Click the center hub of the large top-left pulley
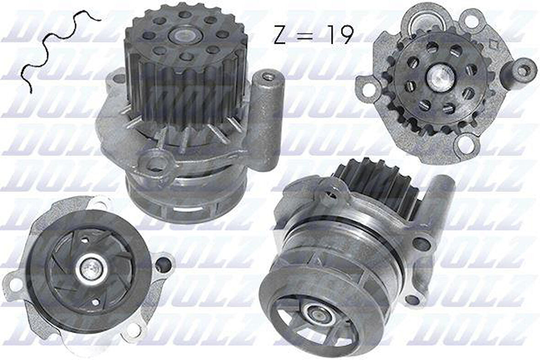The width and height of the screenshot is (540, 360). click(185, 35)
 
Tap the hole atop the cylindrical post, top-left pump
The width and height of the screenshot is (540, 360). click(268, 77)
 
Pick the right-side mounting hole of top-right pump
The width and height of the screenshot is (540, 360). click(523, 71)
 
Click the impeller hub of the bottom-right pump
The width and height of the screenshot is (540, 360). click(316, 315)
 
